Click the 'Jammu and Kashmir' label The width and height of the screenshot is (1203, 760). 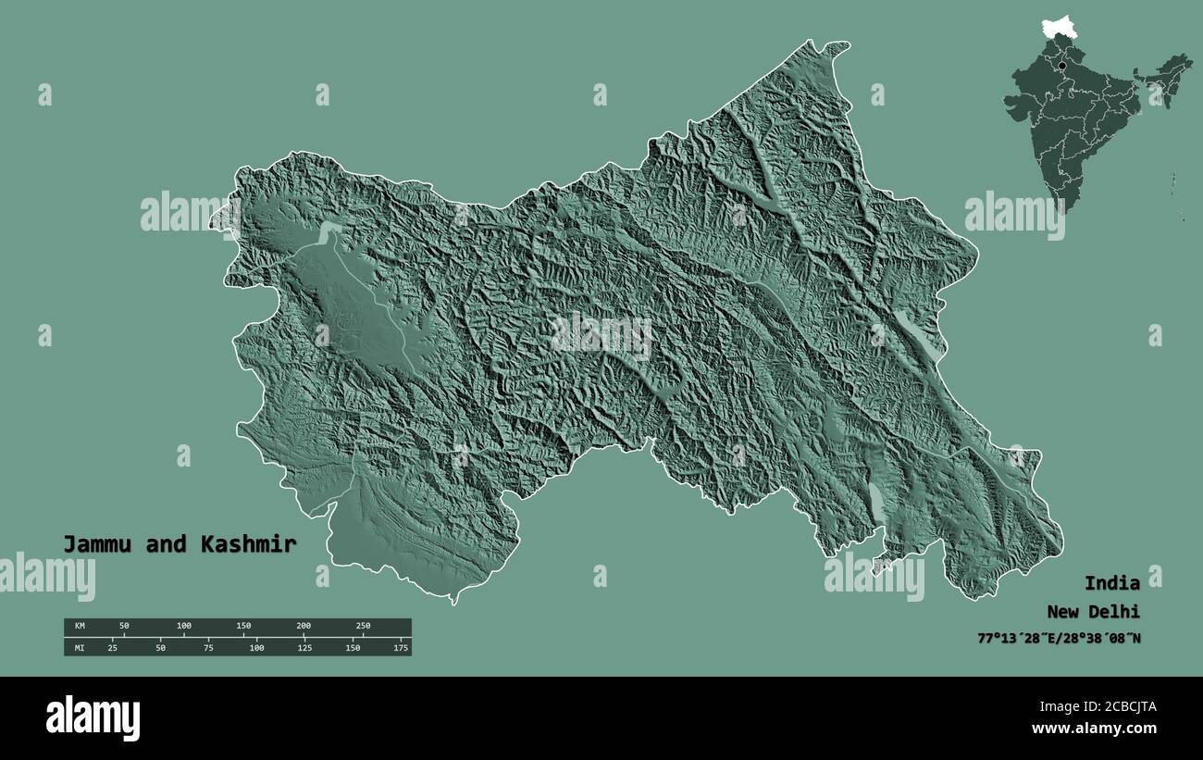point(180,544)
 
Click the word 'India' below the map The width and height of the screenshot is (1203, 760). point(1111,583)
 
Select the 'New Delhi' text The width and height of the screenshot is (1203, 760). point(1093,612)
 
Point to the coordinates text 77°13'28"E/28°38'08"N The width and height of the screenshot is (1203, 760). point(1059,638)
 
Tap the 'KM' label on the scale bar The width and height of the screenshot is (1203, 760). point(80,627)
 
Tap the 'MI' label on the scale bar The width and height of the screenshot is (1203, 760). point(80,648)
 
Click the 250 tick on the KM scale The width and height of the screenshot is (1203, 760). point(363,627)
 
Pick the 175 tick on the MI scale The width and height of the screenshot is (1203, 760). point(401,648)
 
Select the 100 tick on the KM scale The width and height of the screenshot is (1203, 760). point(184,627)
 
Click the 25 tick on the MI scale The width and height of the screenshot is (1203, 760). point(113,648)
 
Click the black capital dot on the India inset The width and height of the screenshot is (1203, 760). point(1061,66)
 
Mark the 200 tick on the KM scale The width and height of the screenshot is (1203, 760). point(304,627)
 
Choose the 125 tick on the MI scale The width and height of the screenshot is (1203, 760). point(304,648)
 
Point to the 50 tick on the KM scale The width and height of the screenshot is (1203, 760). point(124,627)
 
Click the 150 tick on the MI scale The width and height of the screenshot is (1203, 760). point(353,648)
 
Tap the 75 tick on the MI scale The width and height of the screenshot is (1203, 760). point(208,648)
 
